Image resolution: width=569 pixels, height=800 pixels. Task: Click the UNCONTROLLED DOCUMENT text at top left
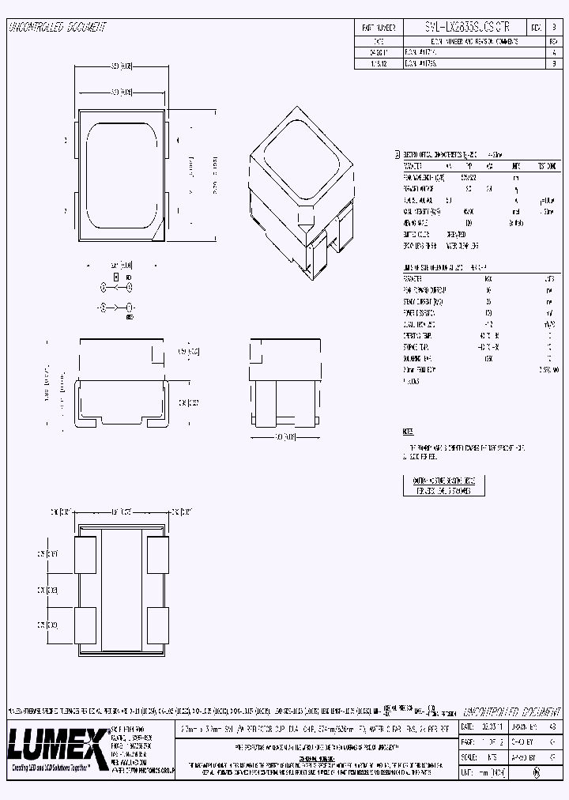57,28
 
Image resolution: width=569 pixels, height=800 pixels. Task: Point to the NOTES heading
408,432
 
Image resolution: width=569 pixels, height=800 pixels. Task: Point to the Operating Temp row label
417,336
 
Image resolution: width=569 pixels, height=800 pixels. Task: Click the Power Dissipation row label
420,313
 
